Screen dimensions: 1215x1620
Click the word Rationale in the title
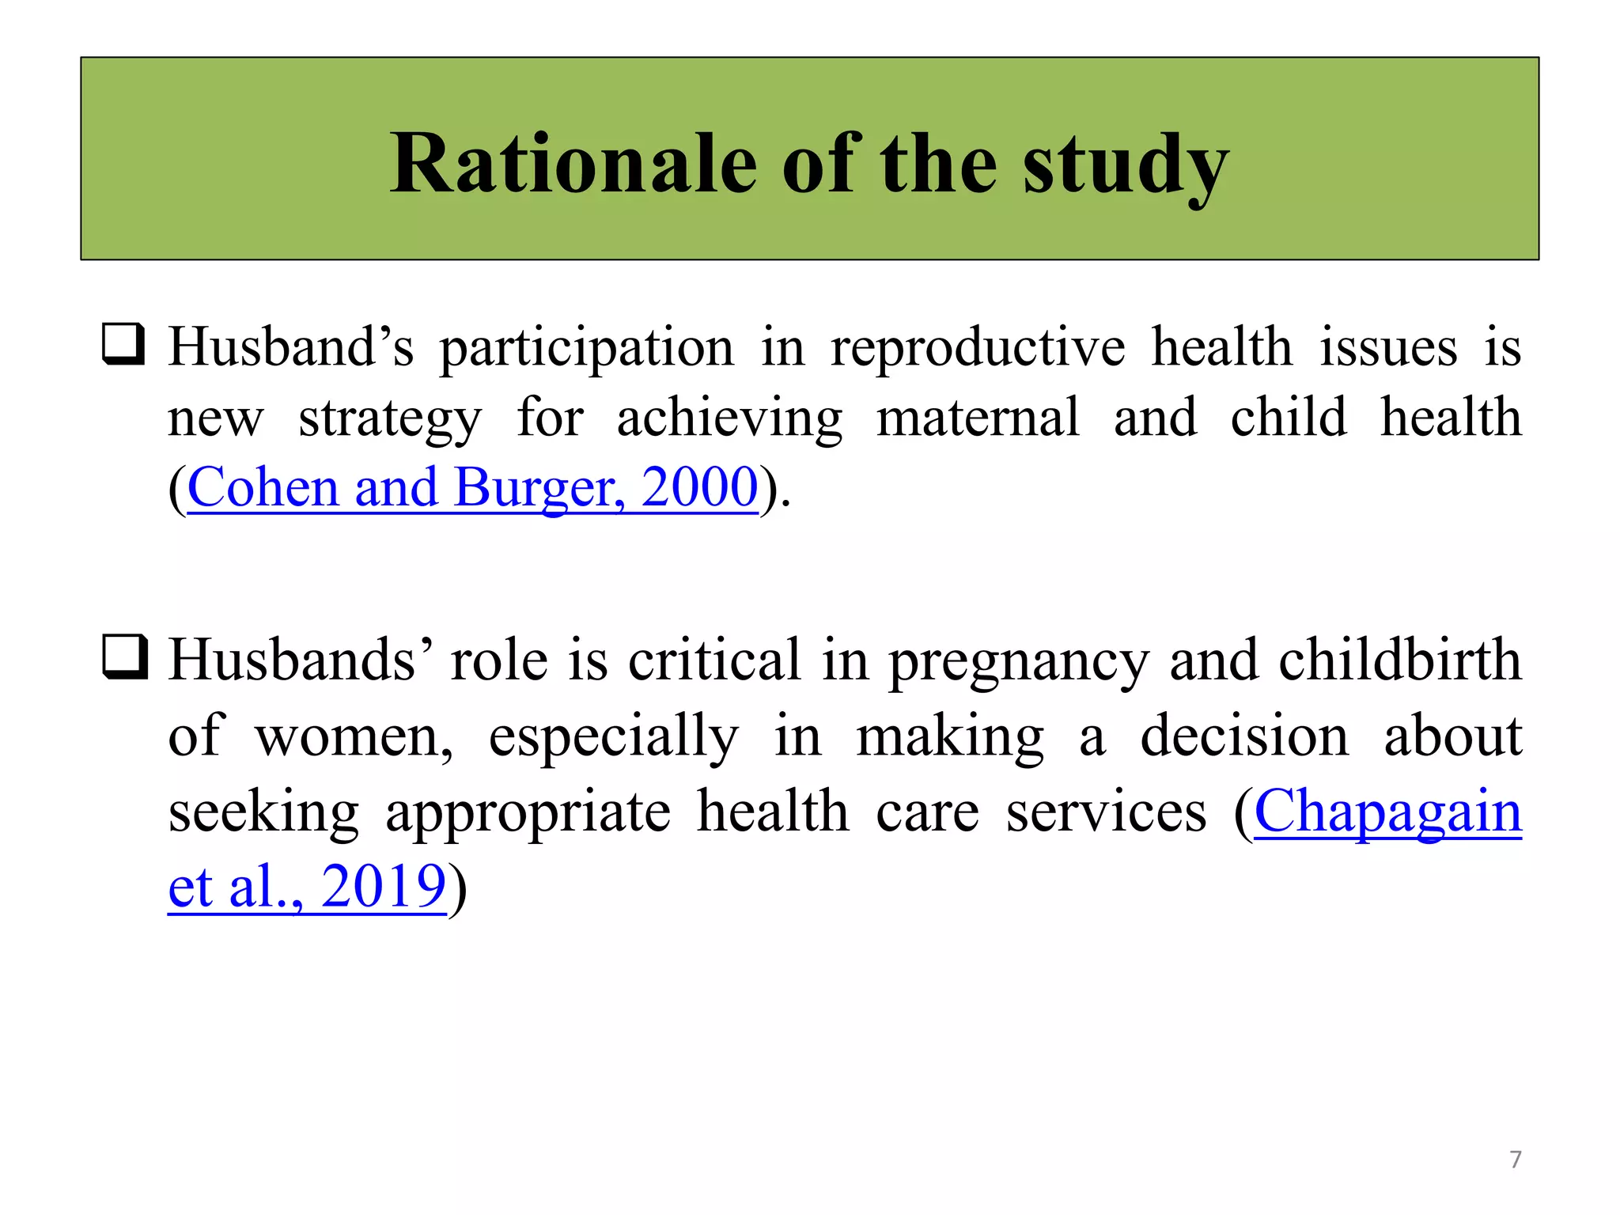(x=573, y=164)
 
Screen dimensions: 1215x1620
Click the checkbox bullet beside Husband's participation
(x=123, y=344)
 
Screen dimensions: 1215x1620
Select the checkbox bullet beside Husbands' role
(x=124, y=657)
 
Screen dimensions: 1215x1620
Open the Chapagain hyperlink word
(x=1387, y=812)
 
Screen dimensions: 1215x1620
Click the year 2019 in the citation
(x=384, y=886)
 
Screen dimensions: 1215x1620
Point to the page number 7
(x=1515, y=1160)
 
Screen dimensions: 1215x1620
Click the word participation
(x=586, y=349)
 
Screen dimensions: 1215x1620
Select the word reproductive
(x=978, y=349)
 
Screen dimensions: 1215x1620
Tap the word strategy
(x=389, y=419)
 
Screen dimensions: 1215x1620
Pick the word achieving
(x=729, y=419)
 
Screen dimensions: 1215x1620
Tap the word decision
(x=1243, y=736)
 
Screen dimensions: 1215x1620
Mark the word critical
(x=714, y=659)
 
